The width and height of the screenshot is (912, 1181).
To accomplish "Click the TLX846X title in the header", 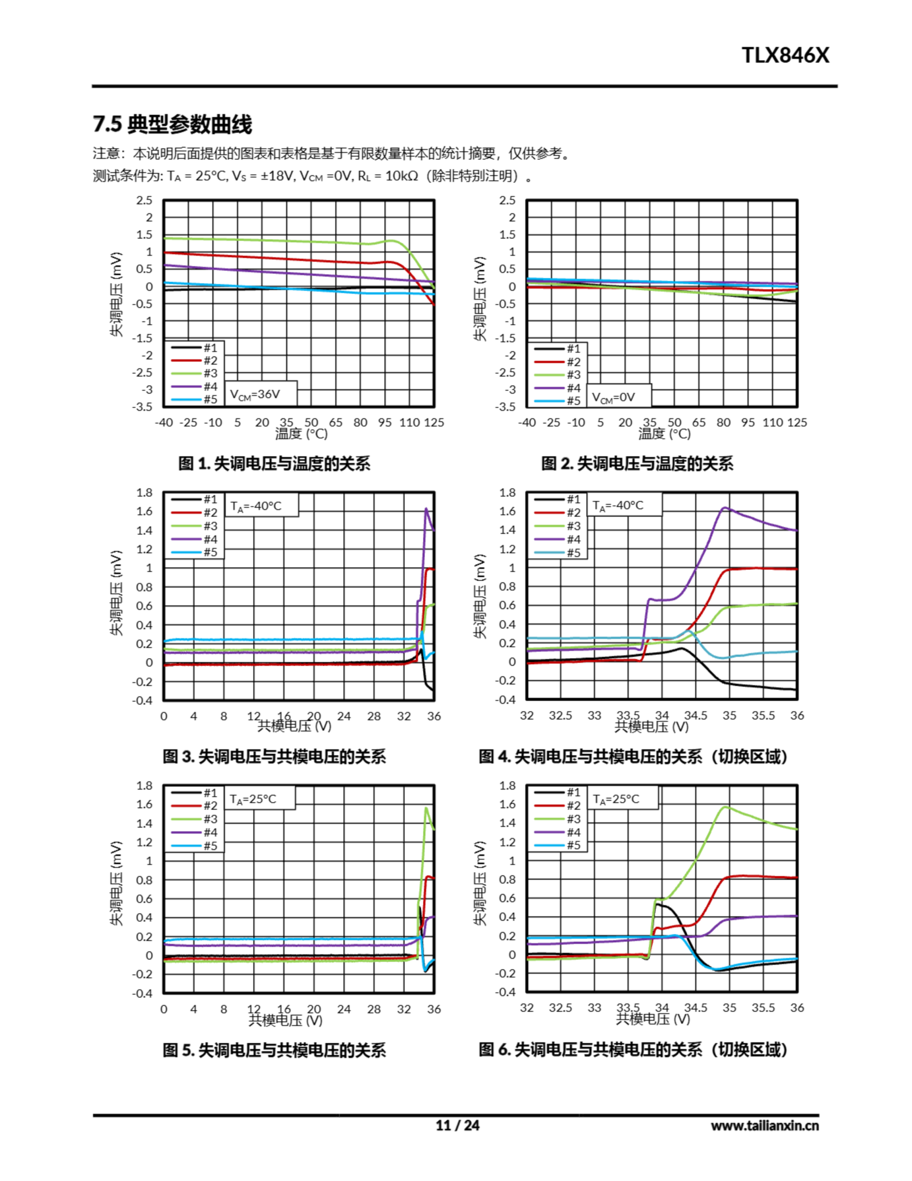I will (784, 55).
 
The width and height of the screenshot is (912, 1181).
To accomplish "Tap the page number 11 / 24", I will (457, 1125).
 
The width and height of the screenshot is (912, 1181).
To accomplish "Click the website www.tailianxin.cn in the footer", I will (764, 1125).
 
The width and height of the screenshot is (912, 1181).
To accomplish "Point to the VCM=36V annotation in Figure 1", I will (255, 394).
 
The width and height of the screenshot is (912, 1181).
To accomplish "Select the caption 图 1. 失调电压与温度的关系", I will (274, 464).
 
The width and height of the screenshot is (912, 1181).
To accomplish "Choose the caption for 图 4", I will (633, 756).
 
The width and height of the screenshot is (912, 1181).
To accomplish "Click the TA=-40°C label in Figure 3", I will (256, 506).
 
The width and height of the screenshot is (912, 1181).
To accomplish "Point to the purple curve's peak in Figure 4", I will (725, 508).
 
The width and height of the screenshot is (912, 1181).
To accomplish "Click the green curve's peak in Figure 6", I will (725, 807).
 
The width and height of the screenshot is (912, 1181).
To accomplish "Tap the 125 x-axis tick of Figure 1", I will (433, 422).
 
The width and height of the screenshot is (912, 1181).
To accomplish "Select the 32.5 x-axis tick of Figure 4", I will (560, 716).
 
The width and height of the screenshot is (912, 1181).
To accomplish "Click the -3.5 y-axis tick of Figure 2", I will (507, 406).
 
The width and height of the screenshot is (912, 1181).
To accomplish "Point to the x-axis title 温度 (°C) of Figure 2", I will (664, 434).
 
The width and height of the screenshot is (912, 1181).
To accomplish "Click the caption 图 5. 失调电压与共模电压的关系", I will (274, 1050).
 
